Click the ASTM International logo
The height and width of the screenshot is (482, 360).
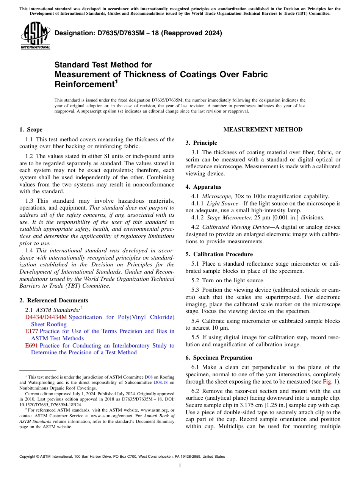35,36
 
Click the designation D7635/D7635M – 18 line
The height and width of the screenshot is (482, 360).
138,33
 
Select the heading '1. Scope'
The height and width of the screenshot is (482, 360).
31,130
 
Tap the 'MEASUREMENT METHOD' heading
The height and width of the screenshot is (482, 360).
263,130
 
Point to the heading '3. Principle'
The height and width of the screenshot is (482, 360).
201,143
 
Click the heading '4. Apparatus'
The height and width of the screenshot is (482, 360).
203,187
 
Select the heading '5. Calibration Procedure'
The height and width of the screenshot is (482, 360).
219,254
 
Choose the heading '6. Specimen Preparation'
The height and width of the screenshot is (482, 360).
219,358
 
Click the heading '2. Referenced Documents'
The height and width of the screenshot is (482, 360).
53,300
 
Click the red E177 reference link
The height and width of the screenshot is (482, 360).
31,331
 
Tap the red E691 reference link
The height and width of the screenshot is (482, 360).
31,346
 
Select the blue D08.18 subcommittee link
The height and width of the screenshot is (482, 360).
161,383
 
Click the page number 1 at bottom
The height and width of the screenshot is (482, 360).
180,466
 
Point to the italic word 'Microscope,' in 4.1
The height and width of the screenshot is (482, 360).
215,196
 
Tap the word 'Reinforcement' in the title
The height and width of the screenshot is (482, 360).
84,84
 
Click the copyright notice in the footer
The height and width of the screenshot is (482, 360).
122,457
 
